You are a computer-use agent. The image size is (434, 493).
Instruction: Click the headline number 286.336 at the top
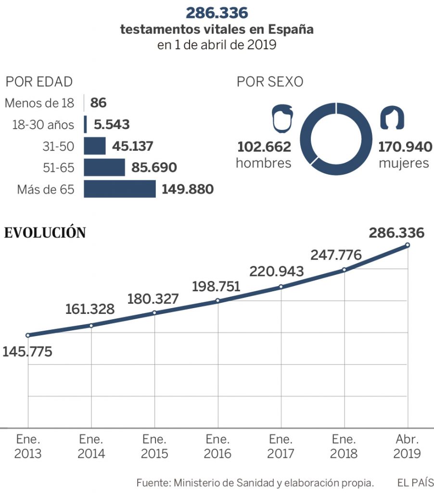click(217, 13)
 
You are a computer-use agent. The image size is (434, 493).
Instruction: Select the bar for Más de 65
click(120, 189)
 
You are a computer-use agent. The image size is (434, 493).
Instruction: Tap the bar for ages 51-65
click(104, 168)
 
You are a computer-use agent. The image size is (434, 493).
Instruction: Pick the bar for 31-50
click(94, 146)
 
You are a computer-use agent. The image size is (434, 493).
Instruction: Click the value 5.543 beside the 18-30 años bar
click(112, 125)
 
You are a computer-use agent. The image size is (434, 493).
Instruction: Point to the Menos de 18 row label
click(39, 103)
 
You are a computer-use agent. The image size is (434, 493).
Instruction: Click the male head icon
click(282, 118)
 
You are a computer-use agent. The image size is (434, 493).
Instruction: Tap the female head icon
click(392, 118)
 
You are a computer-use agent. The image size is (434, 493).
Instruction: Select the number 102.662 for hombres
click(264, 146)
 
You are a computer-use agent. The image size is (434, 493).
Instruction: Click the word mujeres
click(403, 163)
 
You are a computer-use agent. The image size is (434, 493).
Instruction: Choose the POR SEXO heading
click(270, 82)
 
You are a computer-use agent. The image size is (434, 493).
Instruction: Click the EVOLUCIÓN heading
click(45, 233)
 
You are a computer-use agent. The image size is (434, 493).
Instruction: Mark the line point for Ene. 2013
click(28, 335)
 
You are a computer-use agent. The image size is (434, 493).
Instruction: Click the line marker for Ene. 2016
click(217, 300)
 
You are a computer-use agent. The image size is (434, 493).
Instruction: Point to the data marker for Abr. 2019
click(408, 245)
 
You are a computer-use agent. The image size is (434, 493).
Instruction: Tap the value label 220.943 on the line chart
click(277, 272)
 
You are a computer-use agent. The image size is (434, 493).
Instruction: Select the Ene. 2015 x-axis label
click(154, 446)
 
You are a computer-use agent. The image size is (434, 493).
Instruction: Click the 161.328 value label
click(90, 309)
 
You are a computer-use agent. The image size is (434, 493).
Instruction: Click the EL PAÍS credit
click(415, 482)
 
